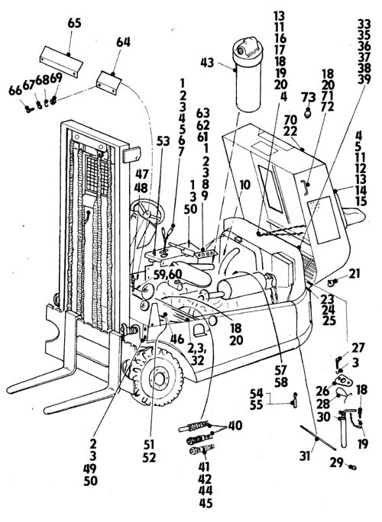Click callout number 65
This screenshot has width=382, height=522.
pos(74,24)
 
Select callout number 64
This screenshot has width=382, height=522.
pos(123,43)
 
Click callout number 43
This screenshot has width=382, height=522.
pos(207,63)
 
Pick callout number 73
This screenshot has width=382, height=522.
pos(309,98)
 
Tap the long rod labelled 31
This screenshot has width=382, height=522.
pos(318,437)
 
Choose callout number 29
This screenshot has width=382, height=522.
pos(336,462)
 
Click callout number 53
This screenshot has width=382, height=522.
pos(163,141)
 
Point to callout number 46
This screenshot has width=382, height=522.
pos(177,340)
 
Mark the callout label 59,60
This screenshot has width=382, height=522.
pos(167,275)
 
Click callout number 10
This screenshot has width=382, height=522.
pos(244,185)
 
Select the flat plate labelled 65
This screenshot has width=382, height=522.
pos(61,62)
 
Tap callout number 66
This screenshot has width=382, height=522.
pos(15,91)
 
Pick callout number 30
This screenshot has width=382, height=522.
pos(324,417)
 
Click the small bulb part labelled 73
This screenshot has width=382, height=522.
pos(309,112)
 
